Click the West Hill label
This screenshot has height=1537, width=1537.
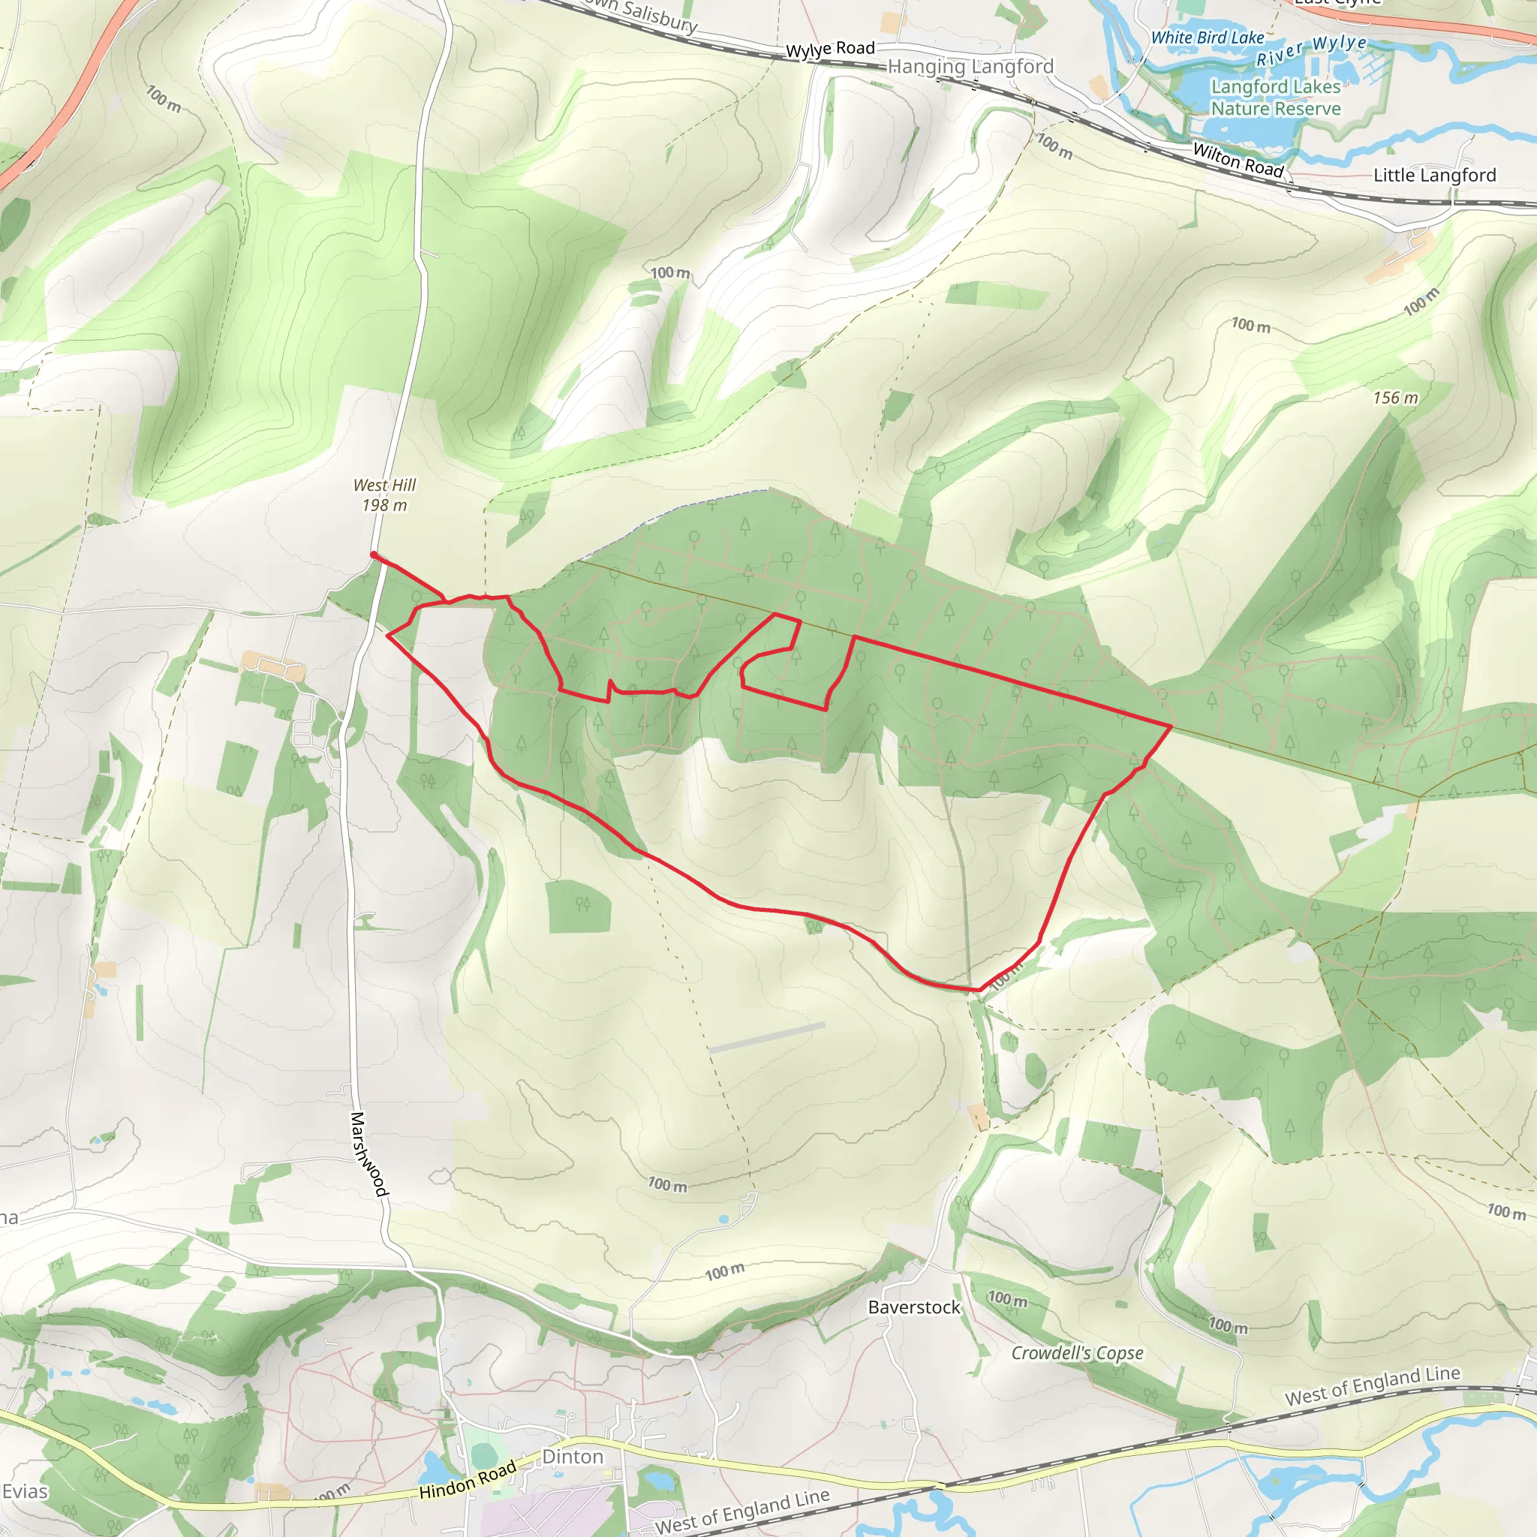point(384,486)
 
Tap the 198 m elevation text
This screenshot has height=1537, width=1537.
point(384,505)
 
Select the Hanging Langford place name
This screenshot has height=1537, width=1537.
point(970,67)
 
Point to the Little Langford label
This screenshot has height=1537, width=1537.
point(1434,175)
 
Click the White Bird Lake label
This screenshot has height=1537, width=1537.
point(1207,38)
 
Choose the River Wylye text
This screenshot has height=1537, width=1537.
point(1311,50)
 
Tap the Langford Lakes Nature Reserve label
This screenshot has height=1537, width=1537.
point(1275,98)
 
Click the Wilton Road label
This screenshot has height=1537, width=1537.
point(1238,159)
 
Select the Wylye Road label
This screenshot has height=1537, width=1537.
point(830,50)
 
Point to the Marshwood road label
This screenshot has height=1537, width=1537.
point(369,1154)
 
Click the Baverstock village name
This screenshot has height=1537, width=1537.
point(914,1307)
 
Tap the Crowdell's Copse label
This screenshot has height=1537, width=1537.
point(1077,1353)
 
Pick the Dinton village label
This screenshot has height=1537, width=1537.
point(573,1457)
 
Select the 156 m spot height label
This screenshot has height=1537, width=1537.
point(1395,398)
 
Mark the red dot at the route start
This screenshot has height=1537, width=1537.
point(373,555)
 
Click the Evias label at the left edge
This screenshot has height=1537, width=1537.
point(25,1492)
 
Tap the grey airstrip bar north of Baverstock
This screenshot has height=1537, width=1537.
point(766,1038)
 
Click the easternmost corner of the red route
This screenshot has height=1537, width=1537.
point(1171,726)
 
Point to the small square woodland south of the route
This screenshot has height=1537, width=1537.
point(579,906)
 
